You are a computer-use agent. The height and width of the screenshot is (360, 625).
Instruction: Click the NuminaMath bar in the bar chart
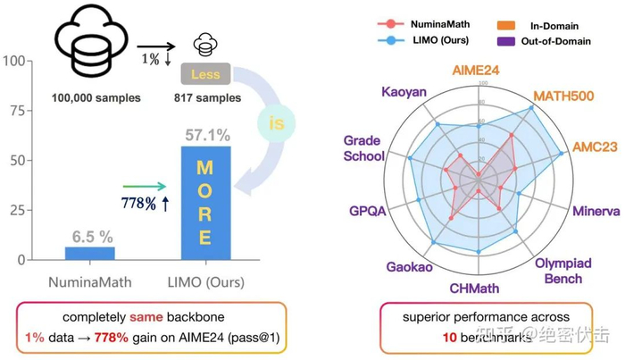pyautogui.click(x=90, y=253)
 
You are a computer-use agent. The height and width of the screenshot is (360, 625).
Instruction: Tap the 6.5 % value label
pyautogui.click(x=91, y=236)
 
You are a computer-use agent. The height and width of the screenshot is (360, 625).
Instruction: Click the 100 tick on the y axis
pyautogui.click(x=12, y=62)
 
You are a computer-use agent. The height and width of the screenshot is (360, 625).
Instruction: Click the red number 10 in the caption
pyautogui.click(x=448, y=339)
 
